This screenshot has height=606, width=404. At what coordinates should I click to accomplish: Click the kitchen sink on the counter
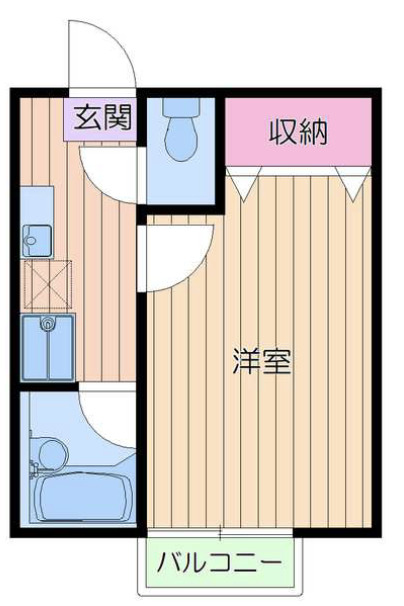[x=37, y=240]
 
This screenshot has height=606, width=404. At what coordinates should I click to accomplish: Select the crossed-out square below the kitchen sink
[x=47, y=282]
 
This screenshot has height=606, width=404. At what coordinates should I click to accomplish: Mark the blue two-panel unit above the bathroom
[x=47, y=347]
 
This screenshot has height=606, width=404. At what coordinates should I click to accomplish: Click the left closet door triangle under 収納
[x=243, y=180]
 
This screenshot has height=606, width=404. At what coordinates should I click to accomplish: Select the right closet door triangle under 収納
[x=351, y=180]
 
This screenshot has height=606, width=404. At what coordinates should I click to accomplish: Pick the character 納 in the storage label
[x=314, y=132]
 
